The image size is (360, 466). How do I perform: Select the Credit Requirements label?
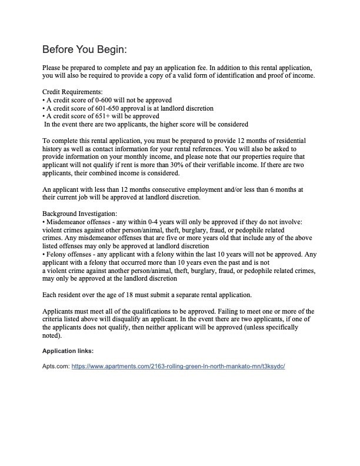(72, 92)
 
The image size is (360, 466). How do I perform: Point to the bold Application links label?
(66, 351)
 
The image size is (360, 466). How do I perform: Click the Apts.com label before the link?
(56, 365)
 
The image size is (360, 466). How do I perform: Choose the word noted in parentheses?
(52, 336)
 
